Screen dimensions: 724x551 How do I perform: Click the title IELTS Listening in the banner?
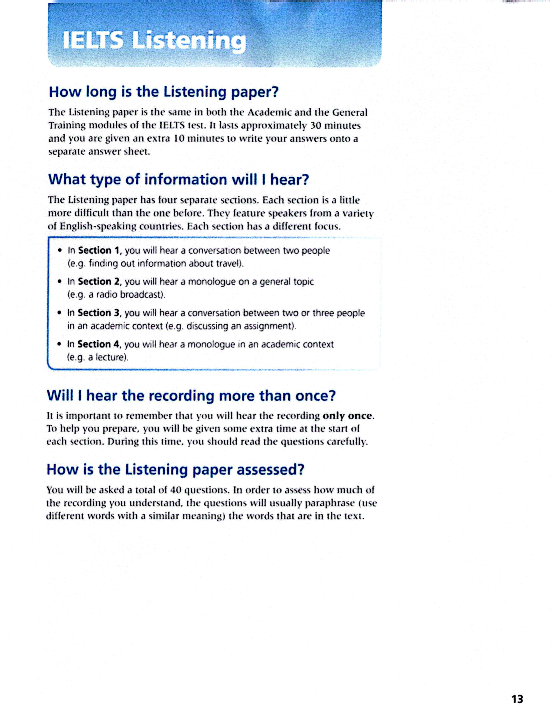click(x=154, y=41)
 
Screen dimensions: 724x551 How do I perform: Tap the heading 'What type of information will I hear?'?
click(x=179, y=180)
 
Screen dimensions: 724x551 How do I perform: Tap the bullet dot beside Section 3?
click(x=59, y=313)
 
